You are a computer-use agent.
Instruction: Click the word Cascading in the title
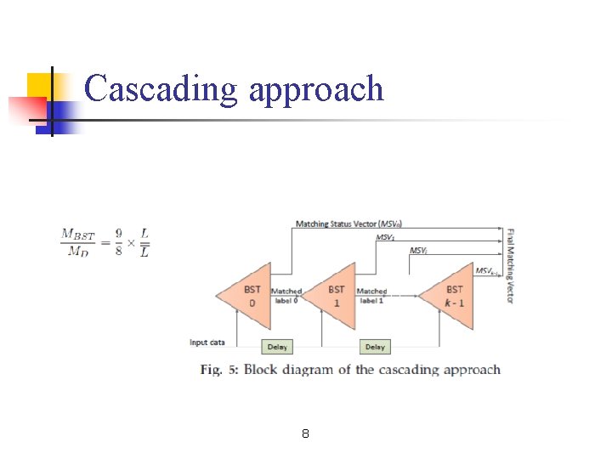point(161,89)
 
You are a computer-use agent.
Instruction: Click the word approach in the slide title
point(316,91)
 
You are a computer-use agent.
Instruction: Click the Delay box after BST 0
point(277,347)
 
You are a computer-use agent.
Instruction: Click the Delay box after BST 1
point(375,347)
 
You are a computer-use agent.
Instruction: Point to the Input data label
point(207,343)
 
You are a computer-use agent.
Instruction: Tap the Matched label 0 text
point(286,296)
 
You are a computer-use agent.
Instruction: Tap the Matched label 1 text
point(371,296)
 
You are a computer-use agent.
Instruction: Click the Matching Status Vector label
point(348,224)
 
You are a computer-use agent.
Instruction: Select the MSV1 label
point(384,238)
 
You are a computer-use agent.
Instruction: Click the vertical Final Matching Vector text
point(510,265)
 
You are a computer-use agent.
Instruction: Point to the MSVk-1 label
point(485,271)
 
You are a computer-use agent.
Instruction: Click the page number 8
point(305,434)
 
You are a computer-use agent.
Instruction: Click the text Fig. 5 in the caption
point(220,370)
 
